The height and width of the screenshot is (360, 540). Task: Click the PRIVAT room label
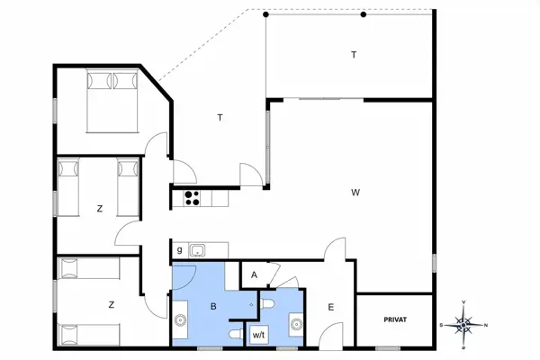395,319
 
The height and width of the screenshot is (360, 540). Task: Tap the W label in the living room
356,192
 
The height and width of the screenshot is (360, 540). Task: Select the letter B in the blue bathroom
213,307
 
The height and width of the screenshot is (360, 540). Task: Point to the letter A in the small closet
255,274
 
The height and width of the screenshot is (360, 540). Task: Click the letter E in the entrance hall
330,308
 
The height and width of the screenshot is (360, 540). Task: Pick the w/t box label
258,335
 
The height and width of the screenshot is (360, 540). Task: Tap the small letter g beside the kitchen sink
180,249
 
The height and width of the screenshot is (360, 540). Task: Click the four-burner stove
191,198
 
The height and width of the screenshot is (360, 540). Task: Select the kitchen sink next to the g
199,249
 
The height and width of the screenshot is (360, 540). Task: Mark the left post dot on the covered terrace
265,14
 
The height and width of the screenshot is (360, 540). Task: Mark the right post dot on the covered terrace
364,14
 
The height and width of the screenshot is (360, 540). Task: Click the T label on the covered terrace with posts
354,55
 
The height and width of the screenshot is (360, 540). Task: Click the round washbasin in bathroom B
181,319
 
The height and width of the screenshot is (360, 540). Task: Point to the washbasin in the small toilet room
295,321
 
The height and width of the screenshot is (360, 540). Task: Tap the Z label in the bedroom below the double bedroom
100,209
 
